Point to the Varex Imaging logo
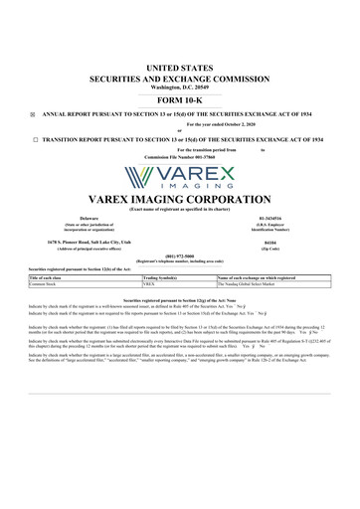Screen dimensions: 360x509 [181, 175]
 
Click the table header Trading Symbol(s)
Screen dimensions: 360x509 [164, 277]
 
